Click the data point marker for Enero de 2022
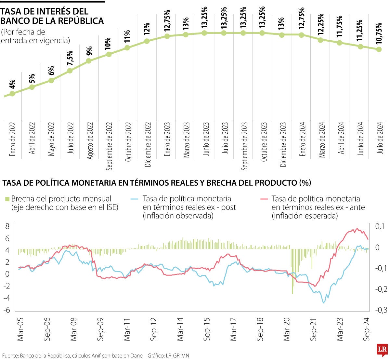coord(12,94)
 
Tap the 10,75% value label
coord(379,34)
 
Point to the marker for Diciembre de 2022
coord(147,41)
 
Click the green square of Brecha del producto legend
coord(7,199)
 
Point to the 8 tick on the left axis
coord(7,226)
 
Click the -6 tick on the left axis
coord(6,310)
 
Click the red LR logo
coord(382,350)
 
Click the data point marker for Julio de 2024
coord(379,49)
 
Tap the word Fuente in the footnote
coord(10,356)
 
